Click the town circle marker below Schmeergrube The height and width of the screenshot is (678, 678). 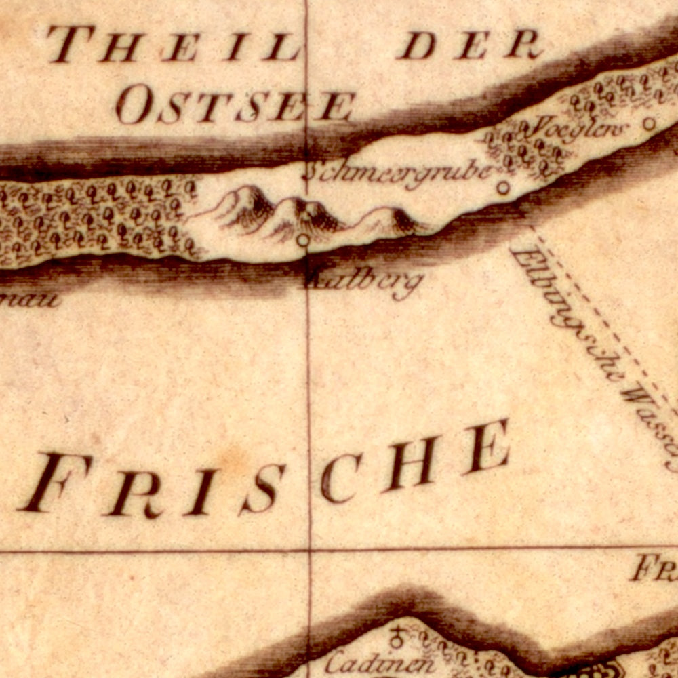point(503,188)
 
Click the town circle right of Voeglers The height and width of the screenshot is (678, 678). point(649,123)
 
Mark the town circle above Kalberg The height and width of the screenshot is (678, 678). point(303,239)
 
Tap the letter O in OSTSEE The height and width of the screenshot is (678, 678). point(132,106)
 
